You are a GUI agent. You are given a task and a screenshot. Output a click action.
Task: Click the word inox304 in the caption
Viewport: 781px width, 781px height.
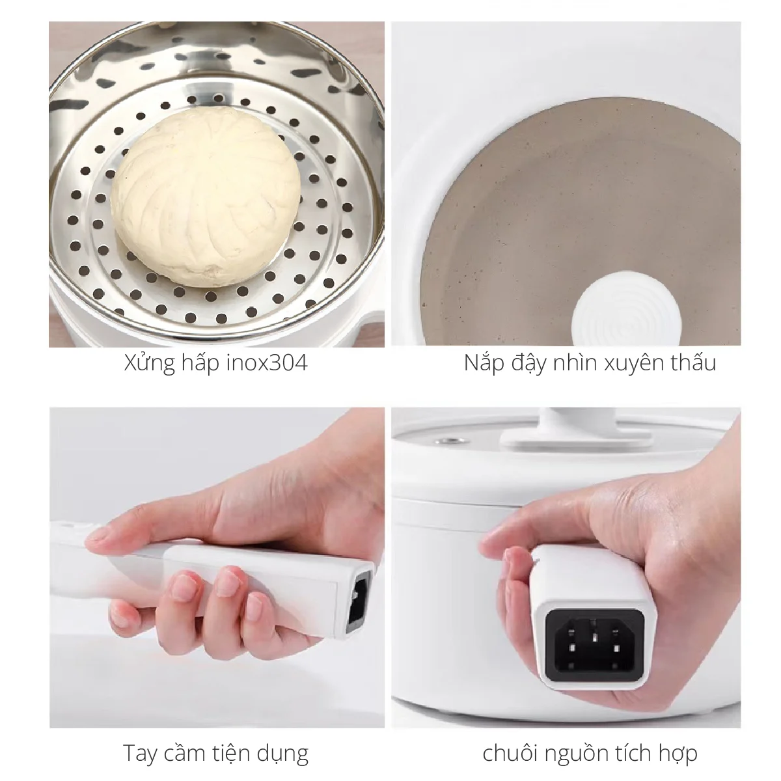267,363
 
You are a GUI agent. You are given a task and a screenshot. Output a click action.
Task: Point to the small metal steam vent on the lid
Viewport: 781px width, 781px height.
449,440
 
